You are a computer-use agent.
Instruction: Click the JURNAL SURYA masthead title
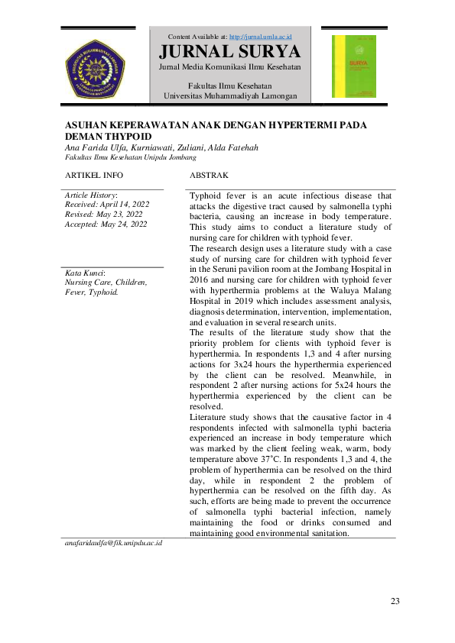[x=229, y=53]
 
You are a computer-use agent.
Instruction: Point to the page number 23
[x=395, y=601]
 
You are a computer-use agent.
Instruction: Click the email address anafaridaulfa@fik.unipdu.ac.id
[x=114, y=544]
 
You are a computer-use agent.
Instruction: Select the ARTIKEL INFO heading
[x=94, y=175]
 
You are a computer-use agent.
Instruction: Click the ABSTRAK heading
[x=208, y=175]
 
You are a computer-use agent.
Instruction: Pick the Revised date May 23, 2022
[x=117, y=214]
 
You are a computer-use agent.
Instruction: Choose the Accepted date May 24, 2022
[x=120, y=224]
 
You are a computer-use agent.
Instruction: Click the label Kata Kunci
[x=84, y=273]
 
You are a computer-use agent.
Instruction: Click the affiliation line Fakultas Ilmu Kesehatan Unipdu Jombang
[x=131, y=157]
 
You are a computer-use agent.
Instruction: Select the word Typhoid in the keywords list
[x=104, y=292]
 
